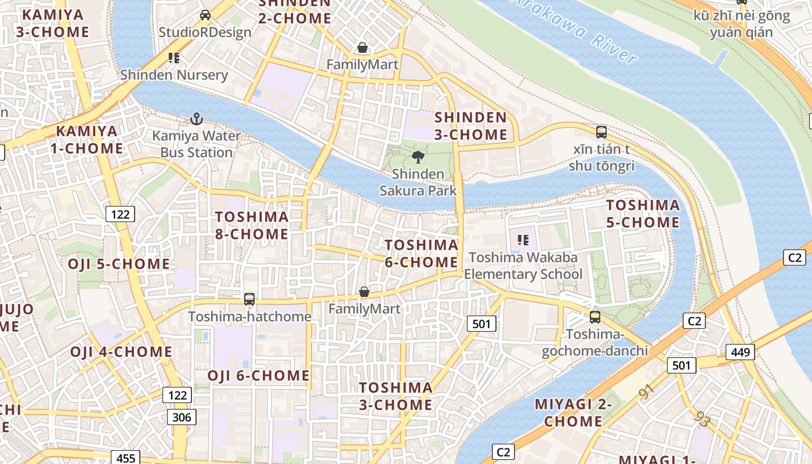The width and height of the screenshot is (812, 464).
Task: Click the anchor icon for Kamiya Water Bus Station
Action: (197, 119)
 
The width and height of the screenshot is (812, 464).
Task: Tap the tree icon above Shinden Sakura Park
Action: (418, 157)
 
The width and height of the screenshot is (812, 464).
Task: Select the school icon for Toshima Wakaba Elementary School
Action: (523, 240)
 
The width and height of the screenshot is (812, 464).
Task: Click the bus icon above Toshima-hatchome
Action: (249, 299)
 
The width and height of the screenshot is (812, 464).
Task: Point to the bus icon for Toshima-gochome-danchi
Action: (595, 317)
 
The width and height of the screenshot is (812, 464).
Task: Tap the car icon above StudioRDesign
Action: (205, 15)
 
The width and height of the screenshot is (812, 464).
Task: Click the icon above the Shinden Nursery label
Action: (174, 58)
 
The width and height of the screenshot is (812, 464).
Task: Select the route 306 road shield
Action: (182, 416)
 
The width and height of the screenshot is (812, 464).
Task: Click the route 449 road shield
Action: (740, 351)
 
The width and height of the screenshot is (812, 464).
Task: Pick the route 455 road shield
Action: (125, 458)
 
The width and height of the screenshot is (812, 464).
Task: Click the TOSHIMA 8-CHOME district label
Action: (252, 225)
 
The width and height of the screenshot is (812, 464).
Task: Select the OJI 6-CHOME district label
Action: (259, 375)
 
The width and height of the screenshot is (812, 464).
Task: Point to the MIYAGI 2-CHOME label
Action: (573, 412)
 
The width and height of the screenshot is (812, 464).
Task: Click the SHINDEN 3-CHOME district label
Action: (471, 126)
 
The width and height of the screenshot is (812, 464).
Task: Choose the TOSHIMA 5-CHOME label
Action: (643, 213)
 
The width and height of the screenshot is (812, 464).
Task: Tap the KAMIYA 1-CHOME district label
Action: (86, 139)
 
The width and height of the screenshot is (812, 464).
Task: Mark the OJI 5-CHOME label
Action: (119, 264)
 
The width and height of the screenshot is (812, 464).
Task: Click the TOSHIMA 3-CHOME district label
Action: (396, 396)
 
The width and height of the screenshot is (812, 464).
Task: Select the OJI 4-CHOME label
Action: (121, 352)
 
